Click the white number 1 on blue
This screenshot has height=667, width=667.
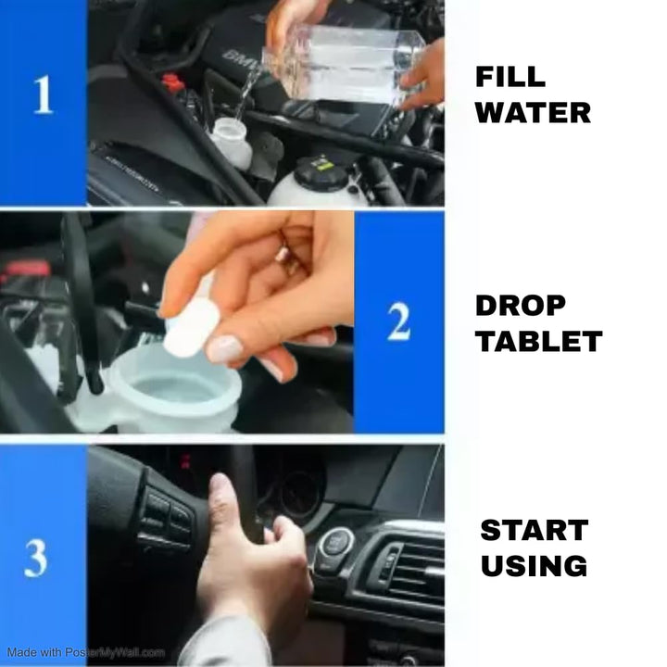pyautogui.click(x=44, y=94)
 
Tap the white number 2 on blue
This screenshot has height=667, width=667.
pyautogui.click(x=399, y=321)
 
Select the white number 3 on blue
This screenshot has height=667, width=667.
pyautogui.click(x=36, y=558)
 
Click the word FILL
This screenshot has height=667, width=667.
pyautogui.click(x=510, y=77)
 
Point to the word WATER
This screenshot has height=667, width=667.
pyautogui.click(x=533, y=113)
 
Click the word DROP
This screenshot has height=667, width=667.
pyautogui.click(x=521, y=306)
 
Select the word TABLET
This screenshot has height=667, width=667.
pyautogui.click(x=539, y=341)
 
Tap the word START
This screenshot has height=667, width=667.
pyautogui.click(x=535, y=530)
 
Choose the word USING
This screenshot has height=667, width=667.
pyautogui.click(x=534, y=565)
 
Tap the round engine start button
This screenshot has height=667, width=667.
pyautogui.click(x=336, y=543)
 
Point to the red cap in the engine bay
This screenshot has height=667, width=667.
pyautogui.click(x=173, y=82)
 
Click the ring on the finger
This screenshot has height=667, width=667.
pyautogui.click(x=284, y=258)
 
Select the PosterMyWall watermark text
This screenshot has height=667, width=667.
pyautogui.click(x=86, y=652)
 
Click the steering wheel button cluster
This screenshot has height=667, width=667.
pyautogui.click(x=167, y=520)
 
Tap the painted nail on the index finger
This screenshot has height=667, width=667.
pyautogui.click(x=224, y=348)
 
